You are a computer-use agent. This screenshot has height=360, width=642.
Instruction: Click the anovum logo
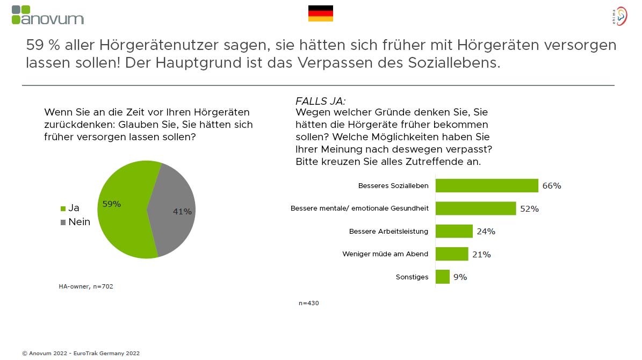tap(47, 15)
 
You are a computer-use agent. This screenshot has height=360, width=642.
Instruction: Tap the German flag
tap(320, 13)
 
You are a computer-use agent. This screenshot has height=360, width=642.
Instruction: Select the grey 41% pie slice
tap(175, 210)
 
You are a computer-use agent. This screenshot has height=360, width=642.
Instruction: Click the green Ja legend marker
tap(63, 208)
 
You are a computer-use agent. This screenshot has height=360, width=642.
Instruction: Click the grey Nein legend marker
tap(63, 222)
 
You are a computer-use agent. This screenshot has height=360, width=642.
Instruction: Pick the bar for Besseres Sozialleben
tap(486, 185)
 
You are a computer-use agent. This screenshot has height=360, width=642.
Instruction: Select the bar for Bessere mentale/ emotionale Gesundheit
tap(475, 208)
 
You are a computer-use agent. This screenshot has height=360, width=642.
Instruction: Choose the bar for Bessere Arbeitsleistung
tap(454, 231)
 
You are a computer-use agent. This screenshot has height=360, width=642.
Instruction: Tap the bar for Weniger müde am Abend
tap(452, 254)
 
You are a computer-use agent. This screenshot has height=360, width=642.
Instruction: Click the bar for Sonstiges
tap(442, 277)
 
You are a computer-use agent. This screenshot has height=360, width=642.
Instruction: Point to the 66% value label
tap(552, 186)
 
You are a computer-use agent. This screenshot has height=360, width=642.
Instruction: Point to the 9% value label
tap(460, 277)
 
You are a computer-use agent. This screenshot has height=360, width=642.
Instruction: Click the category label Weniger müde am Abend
tap(385, 254)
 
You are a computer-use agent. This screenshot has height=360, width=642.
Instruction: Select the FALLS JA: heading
tap(320, 101)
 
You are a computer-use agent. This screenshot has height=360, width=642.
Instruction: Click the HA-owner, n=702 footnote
tap(86, 286)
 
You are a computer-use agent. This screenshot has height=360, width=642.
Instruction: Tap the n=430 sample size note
tap(309, 303)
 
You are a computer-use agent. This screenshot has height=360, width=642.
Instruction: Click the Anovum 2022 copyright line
tap(81, 353)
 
